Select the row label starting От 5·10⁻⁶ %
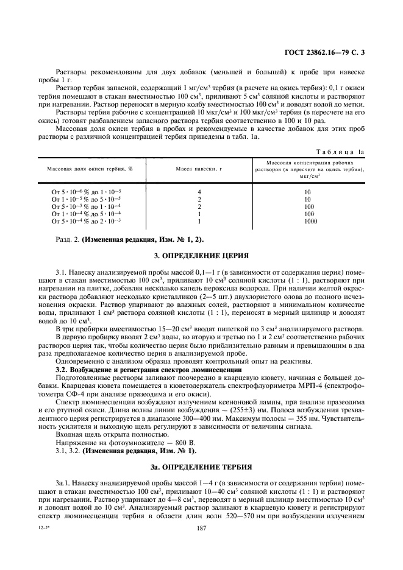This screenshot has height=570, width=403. (x=86, y=192)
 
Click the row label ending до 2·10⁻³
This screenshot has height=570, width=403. (x=86, y=222)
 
